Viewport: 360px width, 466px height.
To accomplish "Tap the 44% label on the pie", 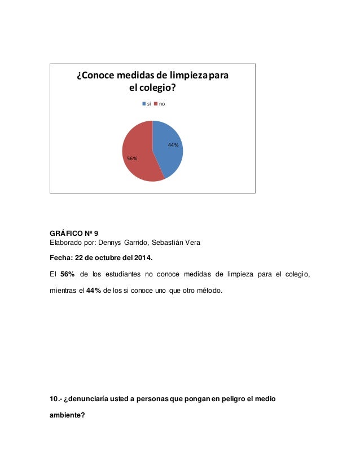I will click(x=173, y=145).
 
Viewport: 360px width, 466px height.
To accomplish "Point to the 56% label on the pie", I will click(x=131, y=159).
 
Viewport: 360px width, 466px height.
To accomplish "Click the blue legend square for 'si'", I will click(x=143, y=104).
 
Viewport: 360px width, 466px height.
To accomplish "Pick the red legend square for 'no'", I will click(x=155, y=104).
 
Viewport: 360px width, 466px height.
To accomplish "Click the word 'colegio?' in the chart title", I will click(x=156, y=90).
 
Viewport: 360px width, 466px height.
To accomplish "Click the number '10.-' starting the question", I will click(x=56, y=401).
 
